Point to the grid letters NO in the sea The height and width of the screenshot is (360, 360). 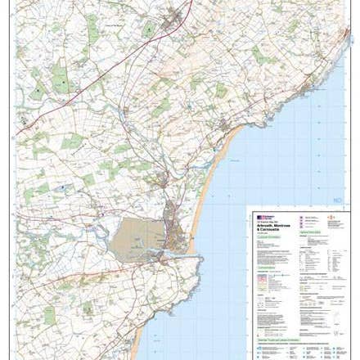tap(335, 199)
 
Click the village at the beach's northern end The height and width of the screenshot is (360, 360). tap(227, 126)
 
